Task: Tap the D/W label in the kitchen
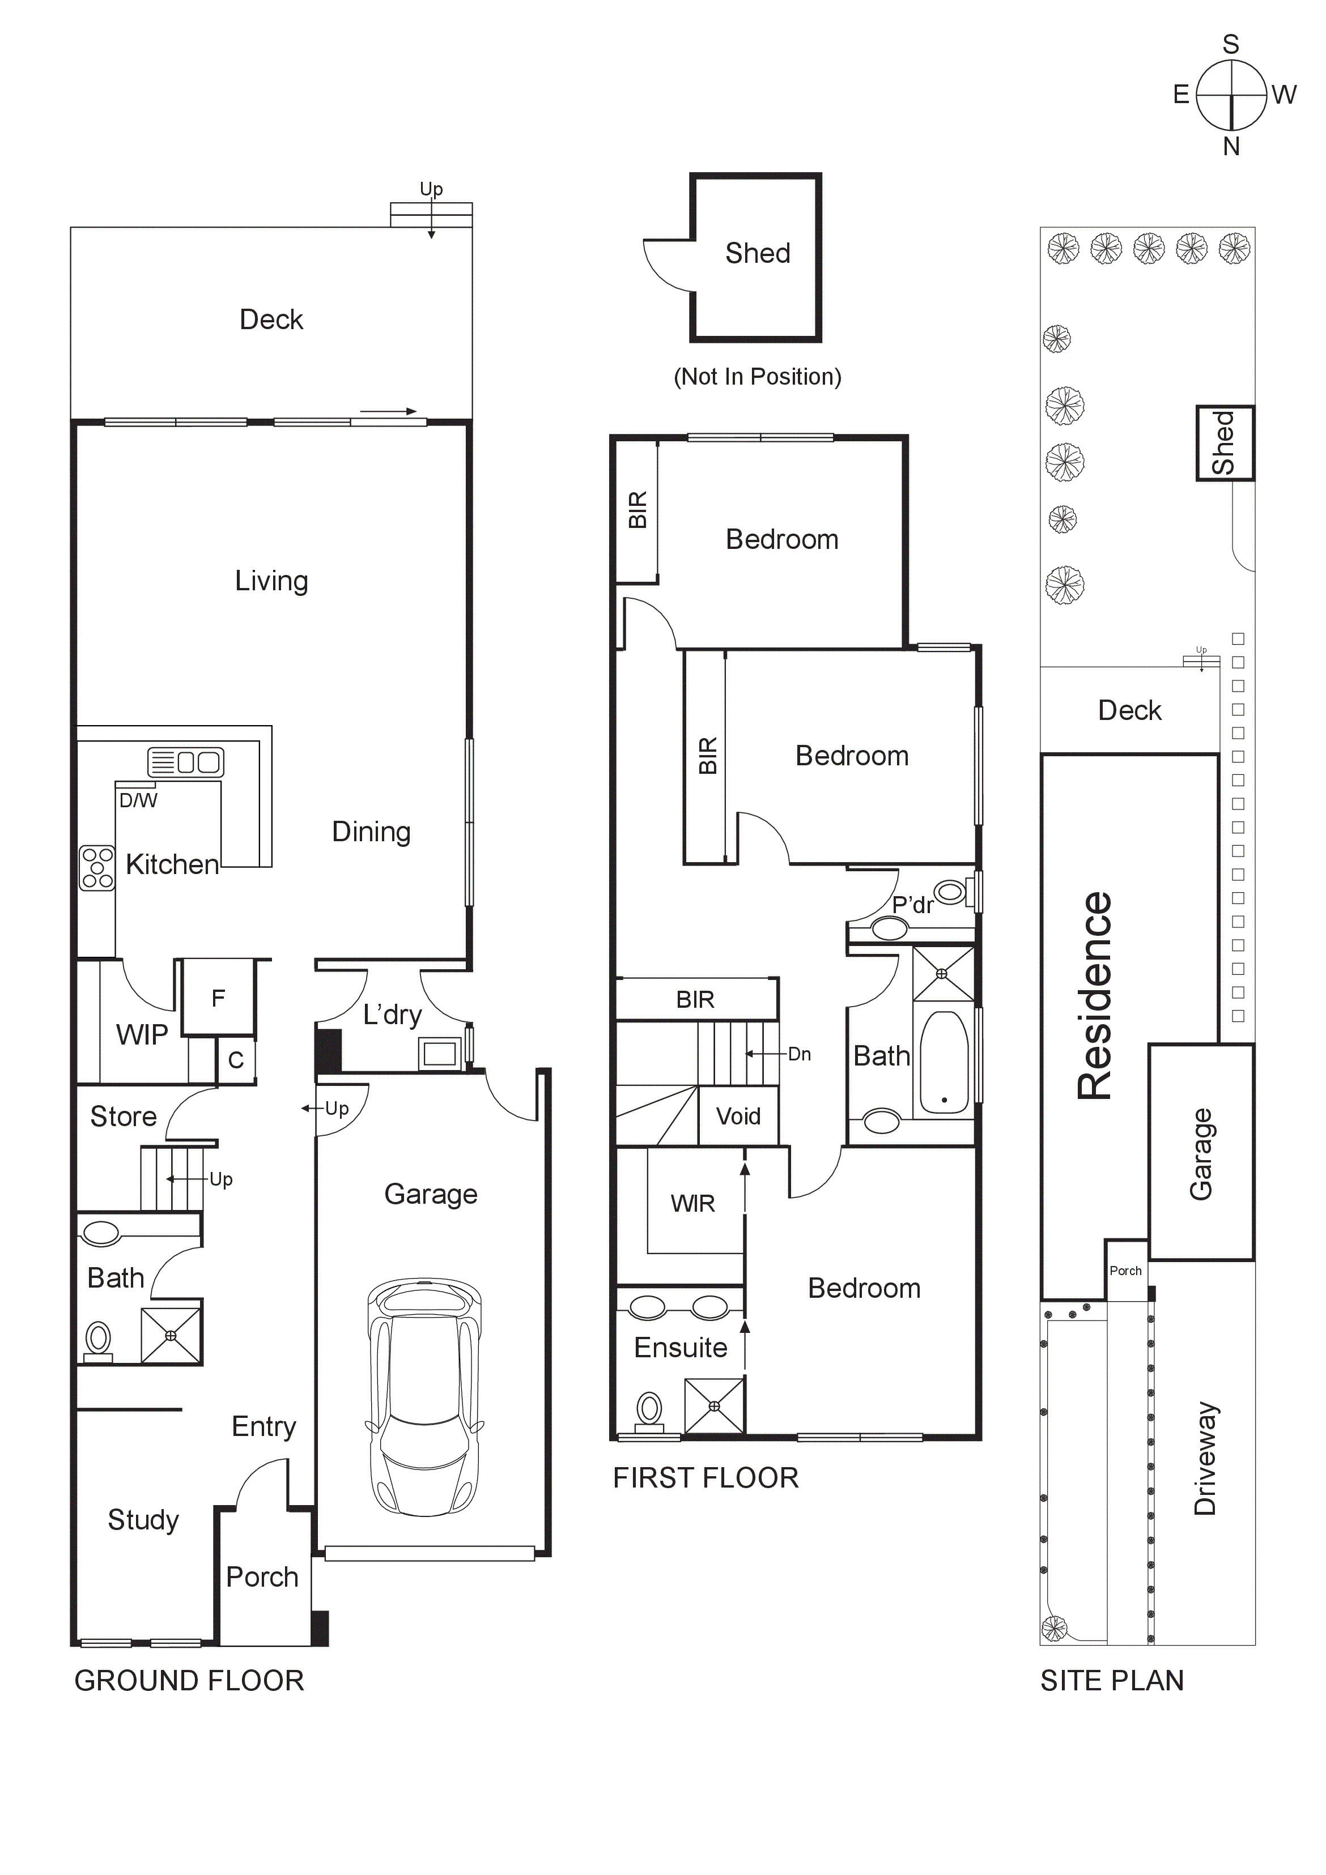[138, 800]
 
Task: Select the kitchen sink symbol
[185, 762]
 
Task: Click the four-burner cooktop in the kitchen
[96, 867]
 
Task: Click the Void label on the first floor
[738, 1117]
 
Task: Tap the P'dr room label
[912, 905]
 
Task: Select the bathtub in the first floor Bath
[945, 1063]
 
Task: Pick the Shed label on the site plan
[1223, 442]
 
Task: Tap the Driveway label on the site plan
[1206, 1459]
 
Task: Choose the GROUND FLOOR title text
[189, 1681]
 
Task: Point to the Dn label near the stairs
[799, 1054]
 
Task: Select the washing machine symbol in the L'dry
[440, 1054]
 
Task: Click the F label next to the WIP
[218, 998]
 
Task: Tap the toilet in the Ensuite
[649, 1409]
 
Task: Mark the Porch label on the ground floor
[262, 1577]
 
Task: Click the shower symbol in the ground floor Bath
[171, 1335]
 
